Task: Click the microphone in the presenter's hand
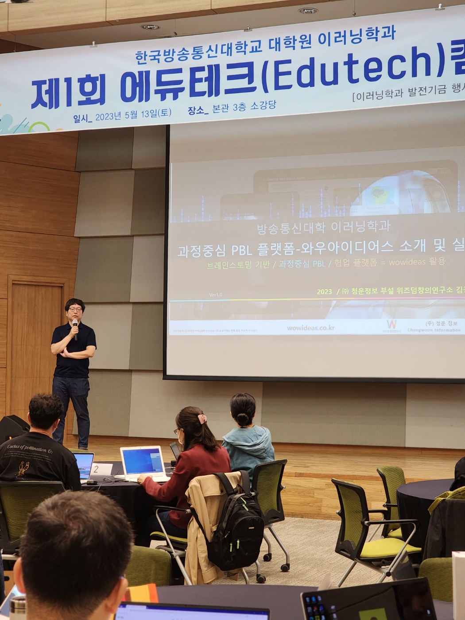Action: point(75,329)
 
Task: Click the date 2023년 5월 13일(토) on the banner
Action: point(133,115)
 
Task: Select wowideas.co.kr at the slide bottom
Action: point(310,328)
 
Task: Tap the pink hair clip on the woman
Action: point(202,418)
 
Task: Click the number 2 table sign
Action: point(96,469)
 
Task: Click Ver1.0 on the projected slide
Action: point(216,295)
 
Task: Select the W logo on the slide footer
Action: point(391,324)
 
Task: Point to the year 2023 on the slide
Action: point(324,291)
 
